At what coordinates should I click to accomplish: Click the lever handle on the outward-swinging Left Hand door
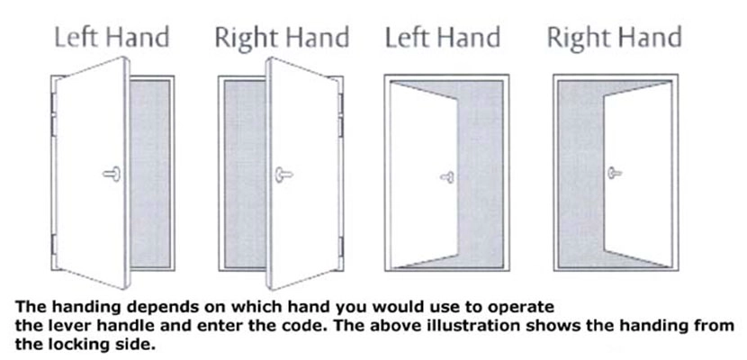[x=112, y=174]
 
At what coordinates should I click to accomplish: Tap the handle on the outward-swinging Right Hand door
[x=283, y=175]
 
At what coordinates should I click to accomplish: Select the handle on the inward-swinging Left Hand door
[x=447, y=177]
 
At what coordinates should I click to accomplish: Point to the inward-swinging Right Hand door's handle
[x=615, y=173]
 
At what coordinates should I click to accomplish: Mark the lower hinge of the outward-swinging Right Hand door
[x=340, y=247]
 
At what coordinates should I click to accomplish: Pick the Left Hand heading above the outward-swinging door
[x=112, y=37]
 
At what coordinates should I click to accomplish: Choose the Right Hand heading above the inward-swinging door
[x=614, y=37]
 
